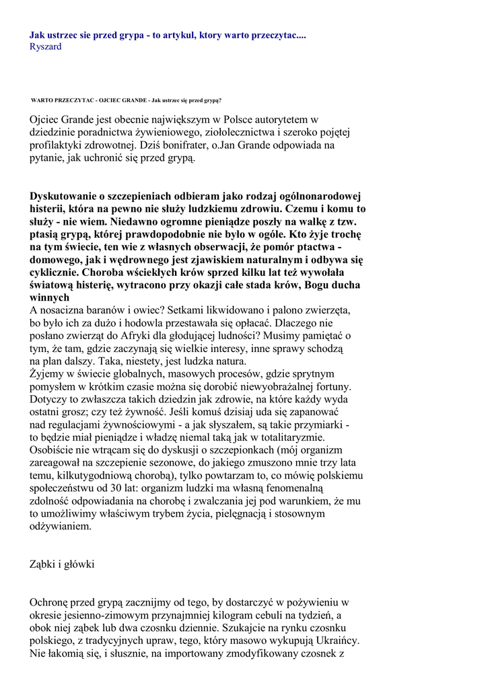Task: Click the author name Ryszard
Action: pos(46,47)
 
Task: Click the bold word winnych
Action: pos(50,297)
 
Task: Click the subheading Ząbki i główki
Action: pos(63,565)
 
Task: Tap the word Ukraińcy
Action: pos(337,641)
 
